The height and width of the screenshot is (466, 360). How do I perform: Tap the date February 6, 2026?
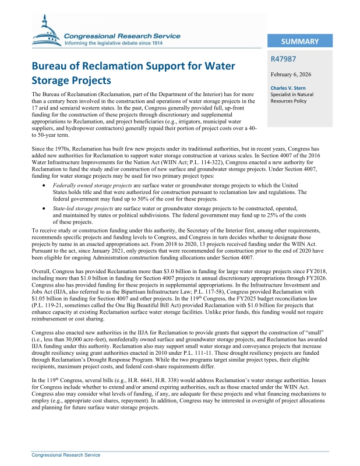(292, 75)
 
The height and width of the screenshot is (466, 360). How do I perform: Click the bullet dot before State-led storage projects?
(45, 208)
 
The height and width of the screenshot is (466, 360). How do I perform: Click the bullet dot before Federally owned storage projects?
(45, 184)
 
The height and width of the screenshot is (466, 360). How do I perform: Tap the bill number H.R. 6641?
(143, 379)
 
